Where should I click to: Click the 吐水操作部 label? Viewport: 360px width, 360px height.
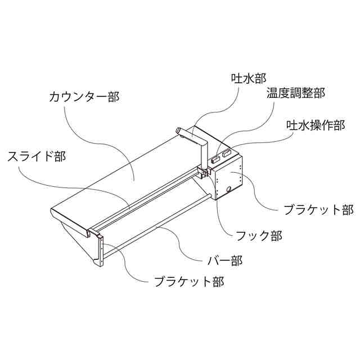coord(315,125)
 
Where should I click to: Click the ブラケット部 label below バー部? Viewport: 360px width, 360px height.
coord(189,281)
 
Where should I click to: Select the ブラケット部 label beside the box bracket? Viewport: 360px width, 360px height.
coord(318,210)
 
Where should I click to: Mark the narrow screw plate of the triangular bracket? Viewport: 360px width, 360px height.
coord(100,251)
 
